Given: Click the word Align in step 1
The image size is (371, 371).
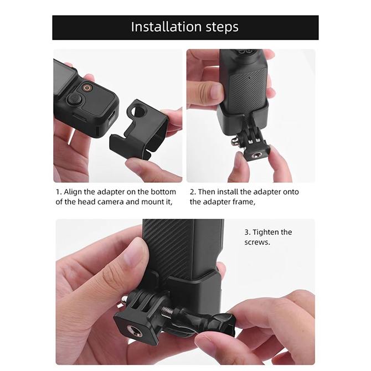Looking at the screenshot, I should pyautogui.click(x=74, y=192).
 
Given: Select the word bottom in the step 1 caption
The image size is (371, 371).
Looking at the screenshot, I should pyautogui.click(x=163, y=192).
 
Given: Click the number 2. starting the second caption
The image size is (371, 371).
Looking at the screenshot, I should pyautogui.click(x=193, y=192).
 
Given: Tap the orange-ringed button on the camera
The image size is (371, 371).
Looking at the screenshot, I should pyautogui.click(x=87, y=87).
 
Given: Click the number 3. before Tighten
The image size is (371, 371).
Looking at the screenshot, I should pyautogui.click(x=248, y=232).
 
